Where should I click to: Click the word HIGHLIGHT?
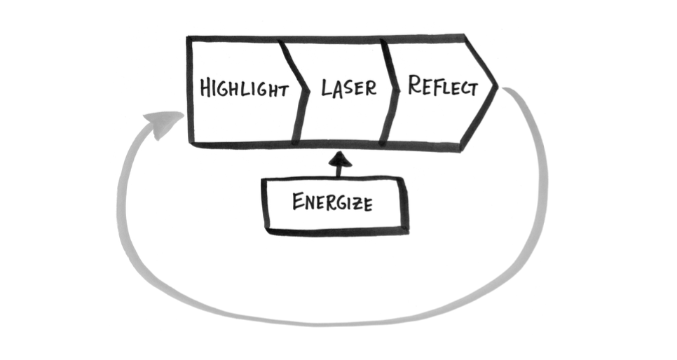pyautogui.click(x=244, y=90)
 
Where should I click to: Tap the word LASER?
pyautogui.click(x=348, y=88)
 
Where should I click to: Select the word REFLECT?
pyautogui.click(x=443, y=87)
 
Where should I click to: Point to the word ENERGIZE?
pyautogui.click(x=333, y=203)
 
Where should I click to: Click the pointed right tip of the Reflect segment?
pyautogui.click(x=497, y=86)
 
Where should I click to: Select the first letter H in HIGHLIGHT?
pyautogui.click(x=205, y=90)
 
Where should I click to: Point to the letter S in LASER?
pyautogui.click(x=348, y=89)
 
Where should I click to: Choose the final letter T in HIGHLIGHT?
pyautogui.click(x=283, y=90)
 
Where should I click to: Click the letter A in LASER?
pyautogui.click(x=336, y=89)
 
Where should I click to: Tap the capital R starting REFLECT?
pyautogui.click(x=414, y=85)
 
